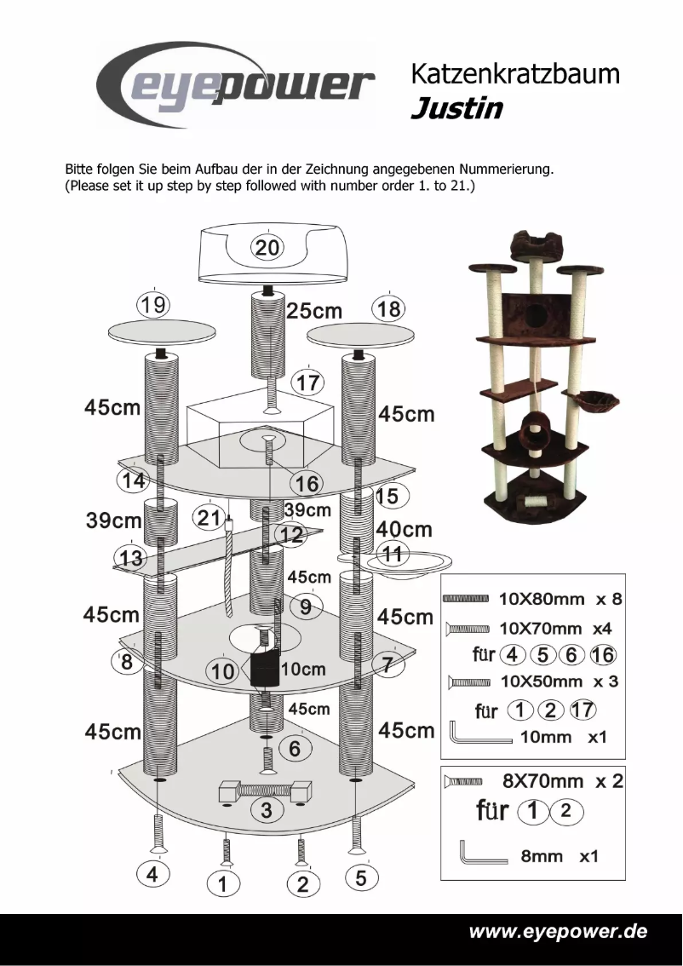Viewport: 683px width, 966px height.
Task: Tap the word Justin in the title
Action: click(456, 109)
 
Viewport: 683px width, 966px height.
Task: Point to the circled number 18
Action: click(388, 308)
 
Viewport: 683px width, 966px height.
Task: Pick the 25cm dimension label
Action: click(314, 311)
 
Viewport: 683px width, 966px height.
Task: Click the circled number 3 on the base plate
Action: click(267, 810)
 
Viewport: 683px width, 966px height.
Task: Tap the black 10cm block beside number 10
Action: click(264, 669)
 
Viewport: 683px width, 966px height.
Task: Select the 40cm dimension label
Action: click(405, 530)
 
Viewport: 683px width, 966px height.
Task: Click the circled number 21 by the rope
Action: click(209, 517)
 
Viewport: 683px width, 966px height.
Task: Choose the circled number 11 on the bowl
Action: click(393, 554)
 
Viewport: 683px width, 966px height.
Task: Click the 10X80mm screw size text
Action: click(542, 599)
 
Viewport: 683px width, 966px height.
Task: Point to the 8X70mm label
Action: click(542, 780)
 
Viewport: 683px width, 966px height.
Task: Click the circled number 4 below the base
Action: click(153, 875)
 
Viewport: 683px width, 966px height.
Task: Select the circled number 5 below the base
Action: click(361, 877)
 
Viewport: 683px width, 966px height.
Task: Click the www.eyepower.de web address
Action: click(558, 931)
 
